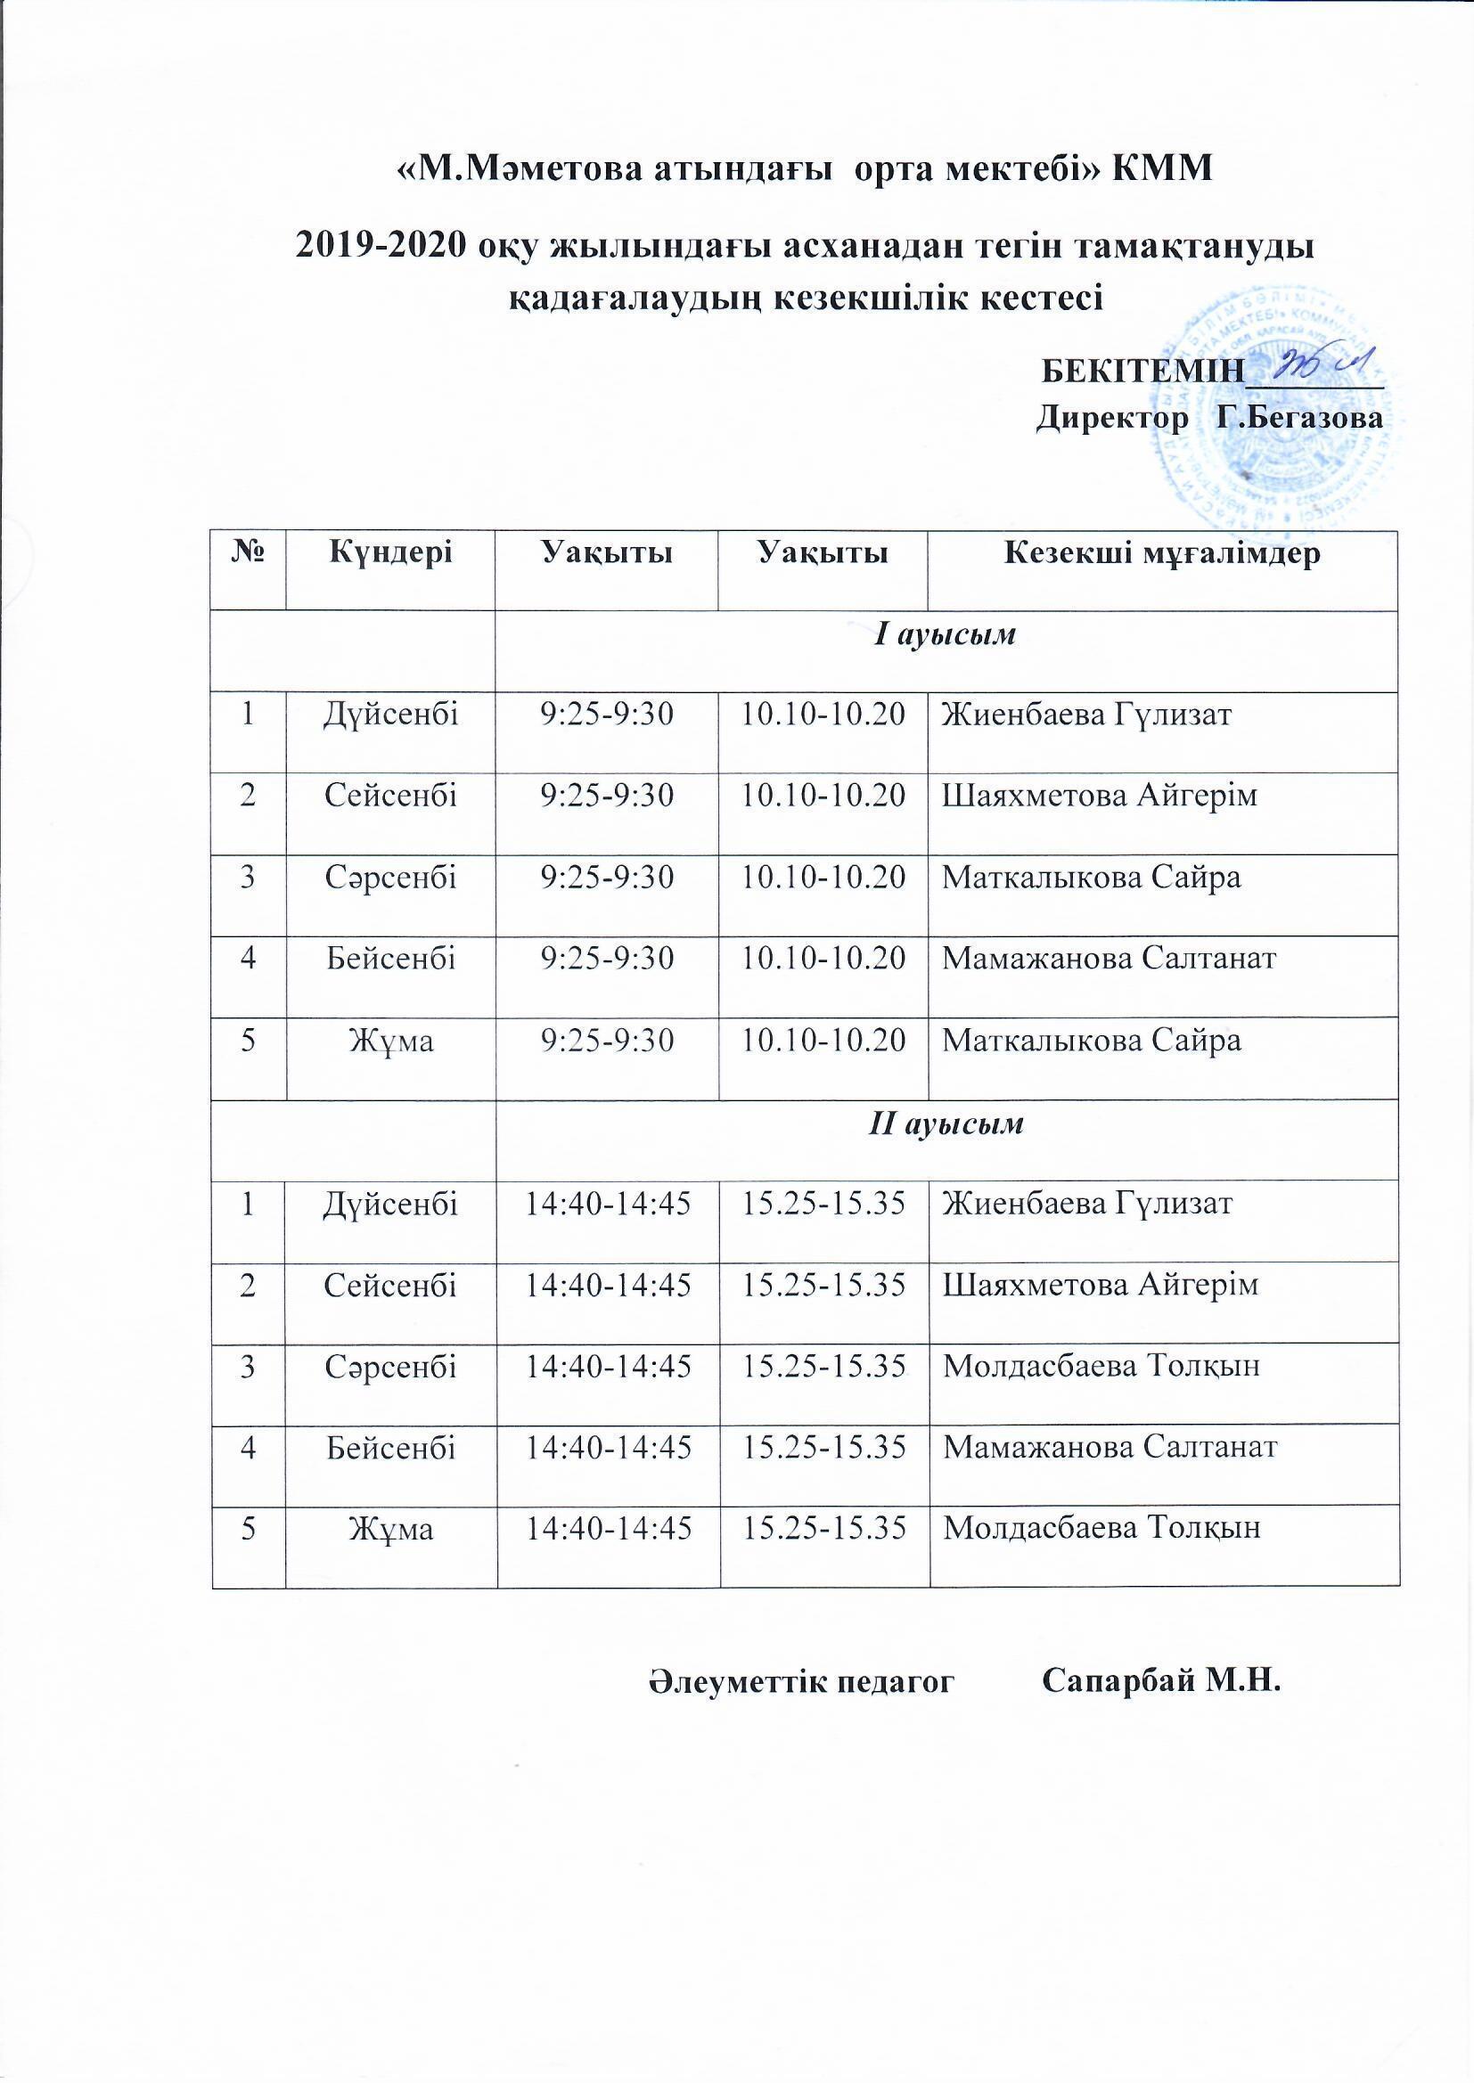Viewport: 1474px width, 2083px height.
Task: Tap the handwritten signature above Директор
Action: click(1328, 365)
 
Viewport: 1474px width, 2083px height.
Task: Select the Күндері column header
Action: click(391, 553)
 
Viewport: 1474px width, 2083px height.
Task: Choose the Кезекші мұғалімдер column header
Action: click(1161, 553)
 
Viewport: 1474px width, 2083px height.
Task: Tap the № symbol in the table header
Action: click(248, 553)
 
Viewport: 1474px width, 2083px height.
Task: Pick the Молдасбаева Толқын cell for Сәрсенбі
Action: click(1101, 1366)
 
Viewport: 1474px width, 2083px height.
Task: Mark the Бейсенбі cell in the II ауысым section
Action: click(391, 1446)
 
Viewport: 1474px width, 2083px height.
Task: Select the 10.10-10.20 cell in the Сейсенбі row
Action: click(823, 796)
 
